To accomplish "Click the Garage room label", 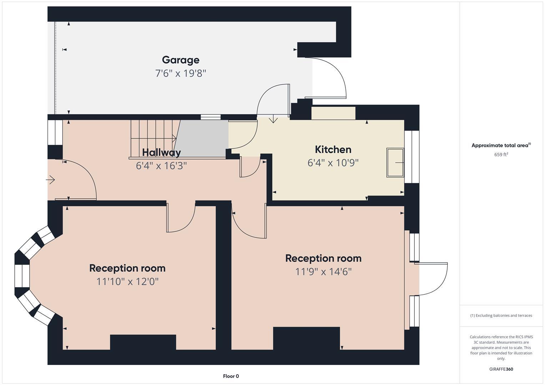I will coord(181,60).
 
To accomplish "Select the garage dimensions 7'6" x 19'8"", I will coord(181,73).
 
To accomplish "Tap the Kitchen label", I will coord(333,149).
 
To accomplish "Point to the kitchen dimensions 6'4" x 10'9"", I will coord(333,163).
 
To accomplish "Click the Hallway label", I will coord(161,152).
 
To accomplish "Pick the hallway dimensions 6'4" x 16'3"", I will coord(161,166).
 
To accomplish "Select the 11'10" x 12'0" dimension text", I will coord(127,282).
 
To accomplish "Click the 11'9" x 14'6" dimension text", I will coord(323,272).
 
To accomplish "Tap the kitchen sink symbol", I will coord(395,163).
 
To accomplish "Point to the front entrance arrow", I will coord(50,180).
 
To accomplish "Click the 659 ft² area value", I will coord(501,155).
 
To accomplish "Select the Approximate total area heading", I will coord(501,145).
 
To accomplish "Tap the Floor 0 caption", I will coord(231,376).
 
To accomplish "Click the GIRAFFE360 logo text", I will coord(501,369).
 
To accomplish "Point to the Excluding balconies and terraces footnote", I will coord(501,315).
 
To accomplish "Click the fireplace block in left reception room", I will coord(143,342).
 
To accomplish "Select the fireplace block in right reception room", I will coord(306,338).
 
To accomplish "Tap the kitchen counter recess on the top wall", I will coord(333,113).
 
